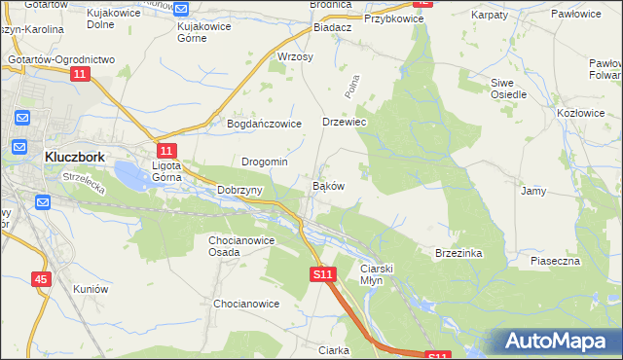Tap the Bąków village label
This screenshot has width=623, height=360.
click(x=327, y=185)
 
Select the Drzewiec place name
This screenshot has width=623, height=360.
click(x=344, y=124)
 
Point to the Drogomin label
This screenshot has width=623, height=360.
click(x=264, y=162)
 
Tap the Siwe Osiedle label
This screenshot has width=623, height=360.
click(x=508, y=89)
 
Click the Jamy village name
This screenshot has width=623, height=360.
click(x=532, y=191)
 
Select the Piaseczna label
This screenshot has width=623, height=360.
click(x=555, y=261)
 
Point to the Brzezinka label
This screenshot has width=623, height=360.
click(x=458, y=252)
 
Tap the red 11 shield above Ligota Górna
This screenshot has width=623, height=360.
click(x=166, y=150)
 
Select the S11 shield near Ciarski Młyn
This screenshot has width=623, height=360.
click(x=324, y=275)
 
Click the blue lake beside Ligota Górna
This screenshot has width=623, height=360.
click(x=131, y=176)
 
